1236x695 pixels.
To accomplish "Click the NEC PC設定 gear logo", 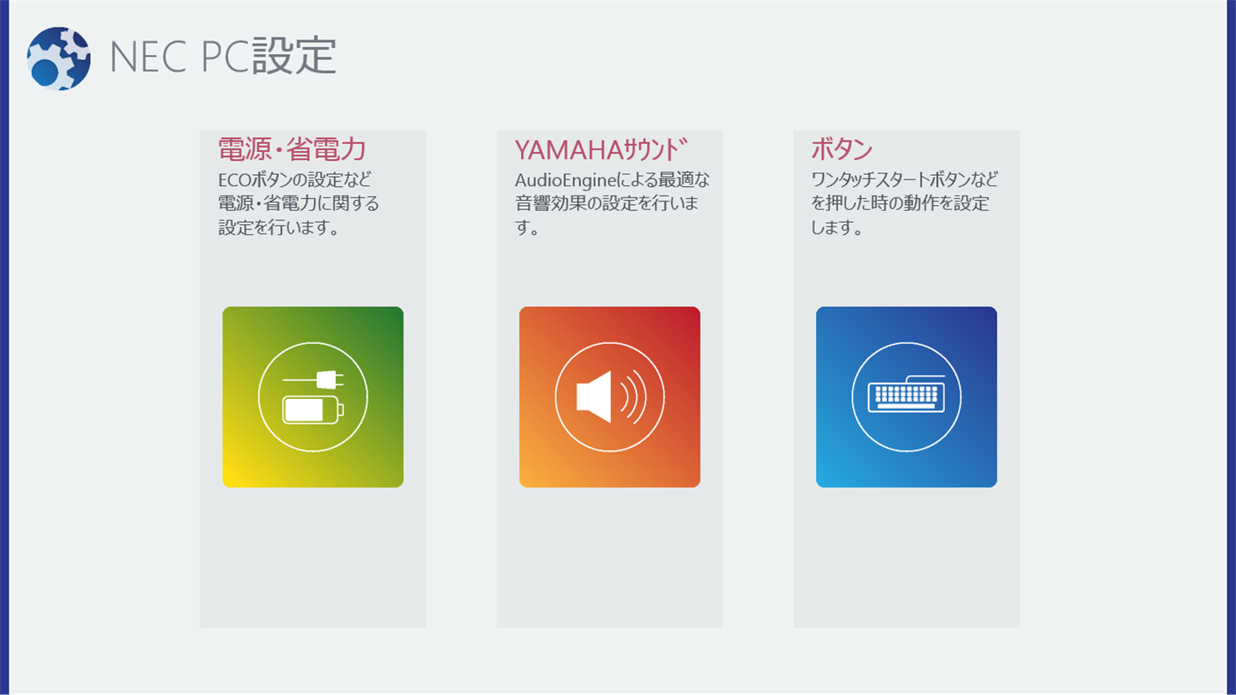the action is pos(58,58).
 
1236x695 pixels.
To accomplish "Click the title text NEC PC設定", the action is pos(223,56).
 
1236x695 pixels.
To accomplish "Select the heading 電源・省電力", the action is pos(292,149).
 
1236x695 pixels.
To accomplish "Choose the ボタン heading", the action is pos(841,149).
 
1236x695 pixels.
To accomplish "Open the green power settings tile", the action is pos(312,397).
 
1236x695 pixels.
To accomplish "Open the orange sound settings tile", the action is pos(609,397).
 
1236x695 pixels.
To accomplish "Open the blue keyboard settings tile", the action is pos(906,397).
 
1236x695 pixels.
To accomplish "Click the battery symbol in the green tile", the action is pos(312,410).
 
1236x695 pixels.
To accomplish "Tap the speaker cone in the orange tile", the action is pos(594,396).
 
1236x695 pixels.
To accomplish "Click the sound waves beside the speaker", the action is pos(633,396).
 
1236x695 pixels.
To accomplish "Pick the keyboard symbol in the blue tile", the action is pos(906,394).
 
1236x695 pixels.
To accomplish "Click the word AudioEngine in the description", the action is pos(565,180).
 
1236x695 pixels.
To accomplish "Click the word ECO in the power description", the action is pos(234,180).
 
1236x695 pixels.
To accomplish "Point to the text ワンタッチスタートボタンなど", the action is pos(905,180).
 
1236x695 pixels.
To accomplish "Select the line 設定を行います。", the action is pos(279,227).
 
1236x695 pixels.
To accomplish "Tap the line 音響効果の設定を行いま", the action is pos(607,203).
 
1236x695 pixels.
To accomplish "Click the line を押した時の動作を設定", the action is pos(900,203).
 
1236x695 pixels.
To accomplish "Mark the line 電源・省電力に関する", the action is pos(299,203).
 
